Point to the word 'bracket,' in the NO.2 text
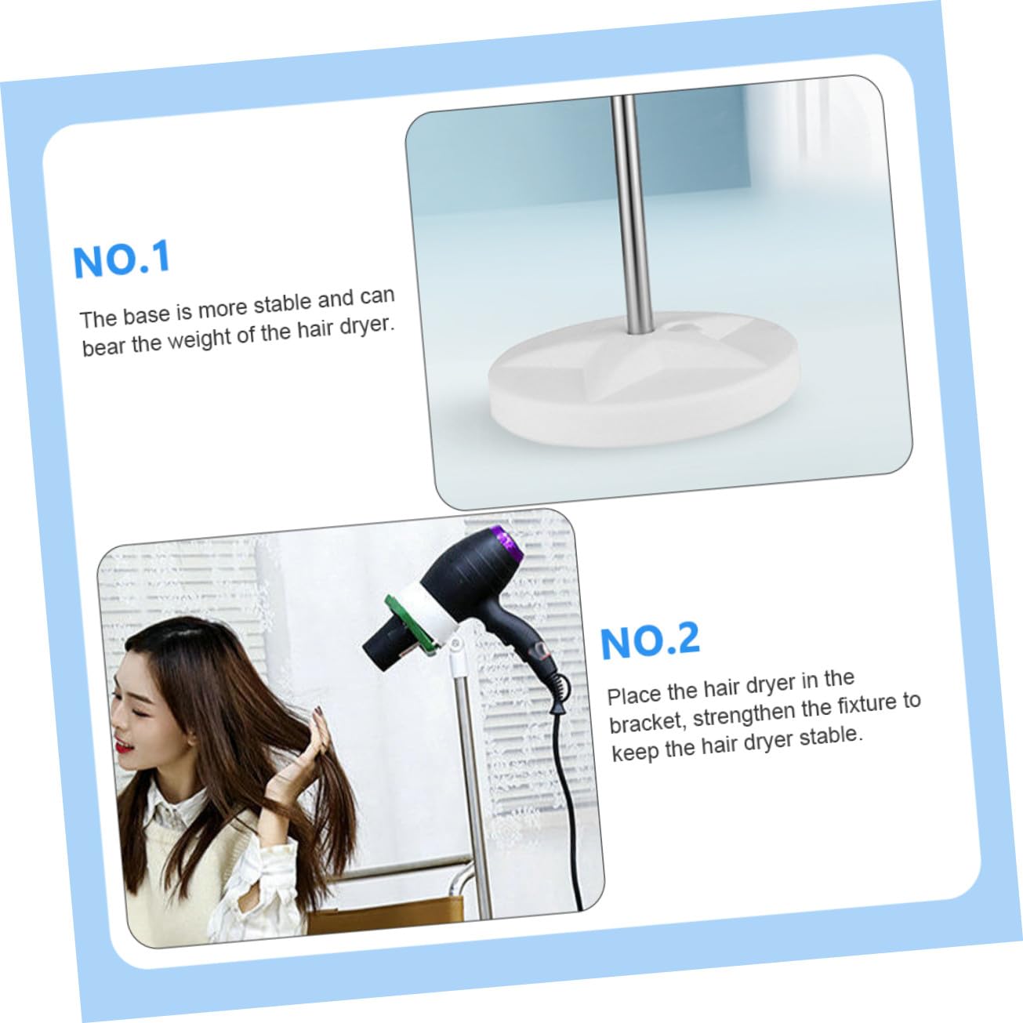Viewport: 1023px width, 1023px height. (x=647, y=720)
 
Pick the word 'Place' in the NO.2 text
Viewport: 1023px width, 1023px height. (x=634, y=695)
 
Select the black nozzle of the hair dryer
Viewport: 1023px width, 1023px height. (x=383, y=649)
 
